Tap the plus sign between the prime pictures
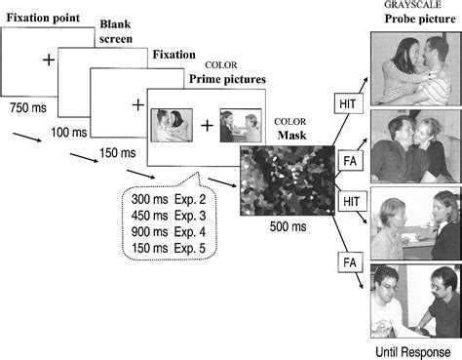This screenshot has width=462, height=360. point(207,126)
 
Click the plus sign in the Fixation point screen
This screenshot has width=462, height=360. point(47,60)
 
